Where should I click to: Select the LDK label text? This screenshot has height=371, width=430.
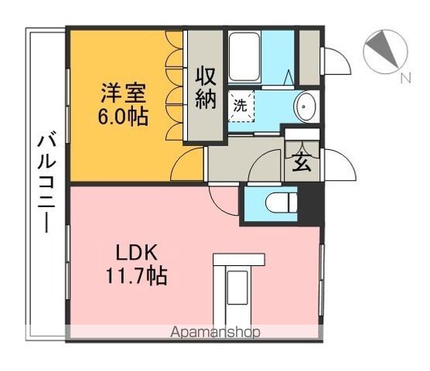point(137,252)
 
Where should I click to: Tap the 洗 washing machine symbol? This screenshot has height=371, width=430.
point(240,106)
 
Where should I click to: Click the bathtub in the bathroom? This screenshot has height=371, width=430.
point(245,59)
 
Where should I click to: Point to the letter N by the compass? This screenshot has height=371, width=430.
point(404,78)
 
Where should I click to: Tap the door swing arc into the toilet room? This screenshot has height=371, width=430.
point(226,200)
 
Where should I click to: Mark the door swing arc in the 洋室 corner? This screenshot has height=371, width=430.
point(186,165)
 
